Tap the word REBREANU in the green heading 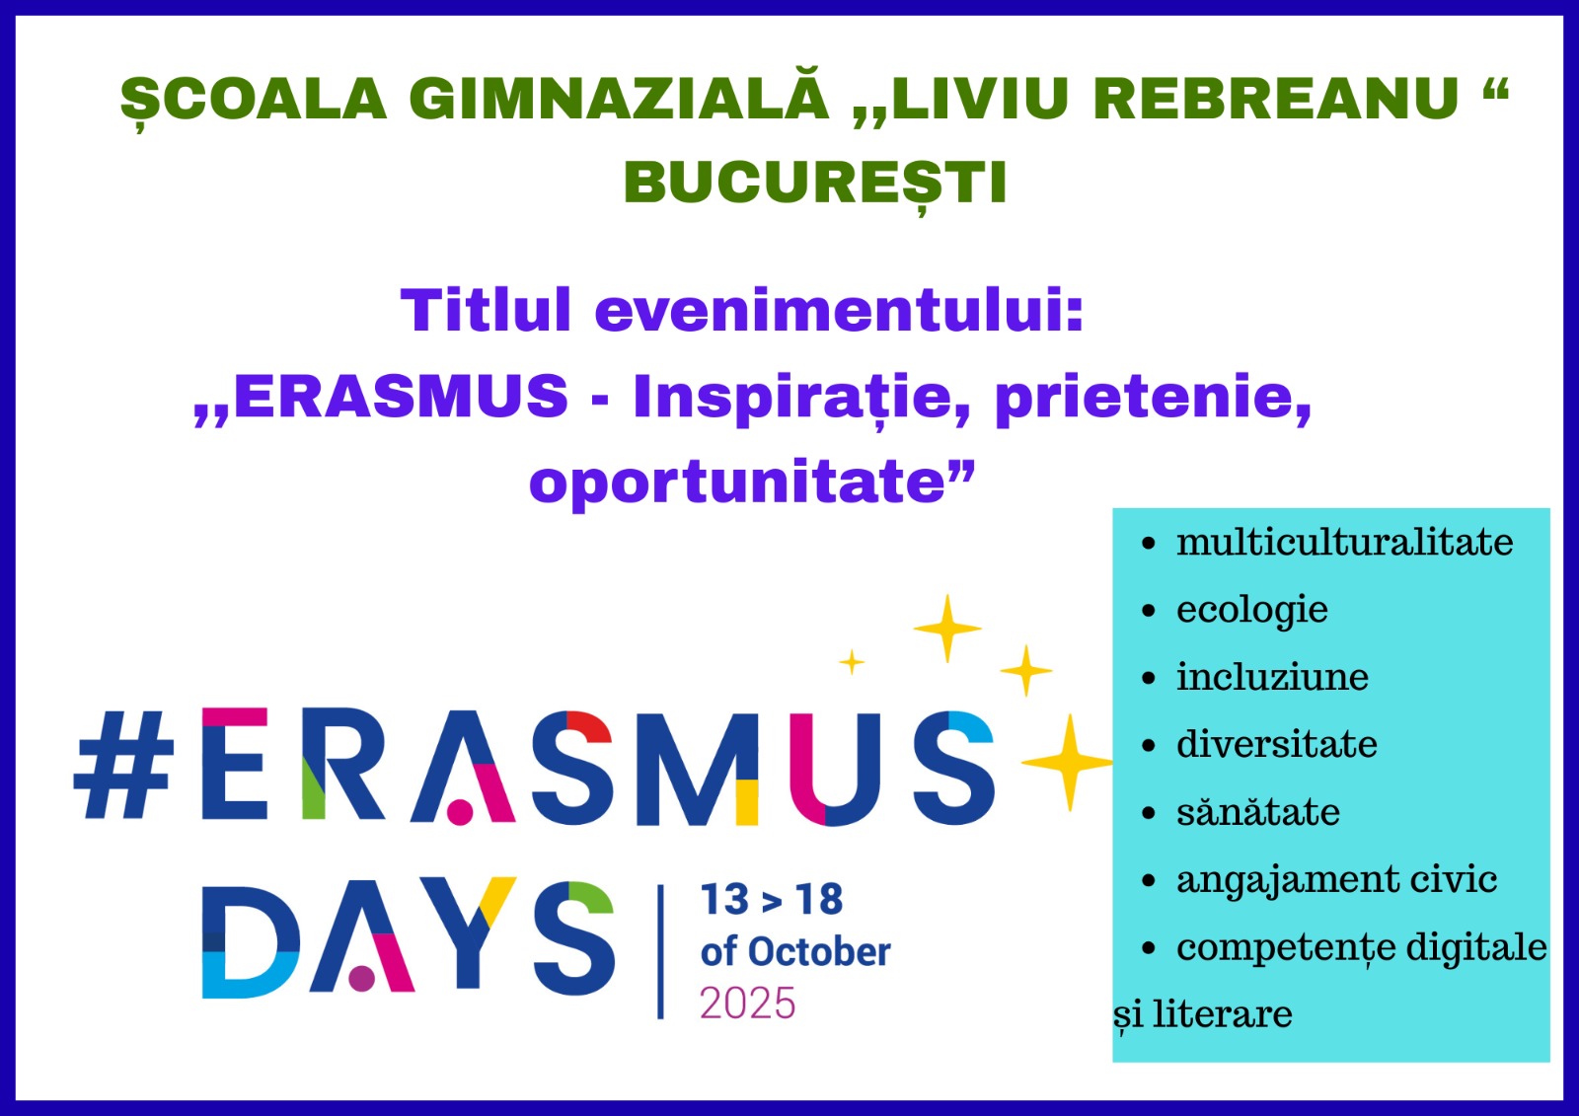click(x=1276, y=98)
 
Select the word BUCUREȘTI click(x=815, y=185)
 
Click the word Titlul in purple click(x=486, y=309)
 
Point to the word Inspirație click(x=801, y=399)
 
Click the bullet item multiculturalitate click(x=1344, y=542)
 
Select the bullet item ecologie click(x=1252, y=611)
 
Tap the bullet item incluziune click(x=1272, y=677)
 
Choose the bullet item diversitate click(x=1277, y=744)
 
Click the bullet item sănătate click(x=1258, y=812)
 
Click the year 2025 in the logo click(x=747, y=1004)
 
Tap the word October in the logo click(x=819, y=952)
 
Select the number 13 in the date click(x=724, y=899)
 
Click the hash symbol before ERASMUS click(x=124, y=764)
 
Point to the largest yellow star click(x=1069, y=762)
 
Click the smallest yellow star click(x=852, y=662)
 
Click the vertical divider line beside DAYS click(x=660, y=952)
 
